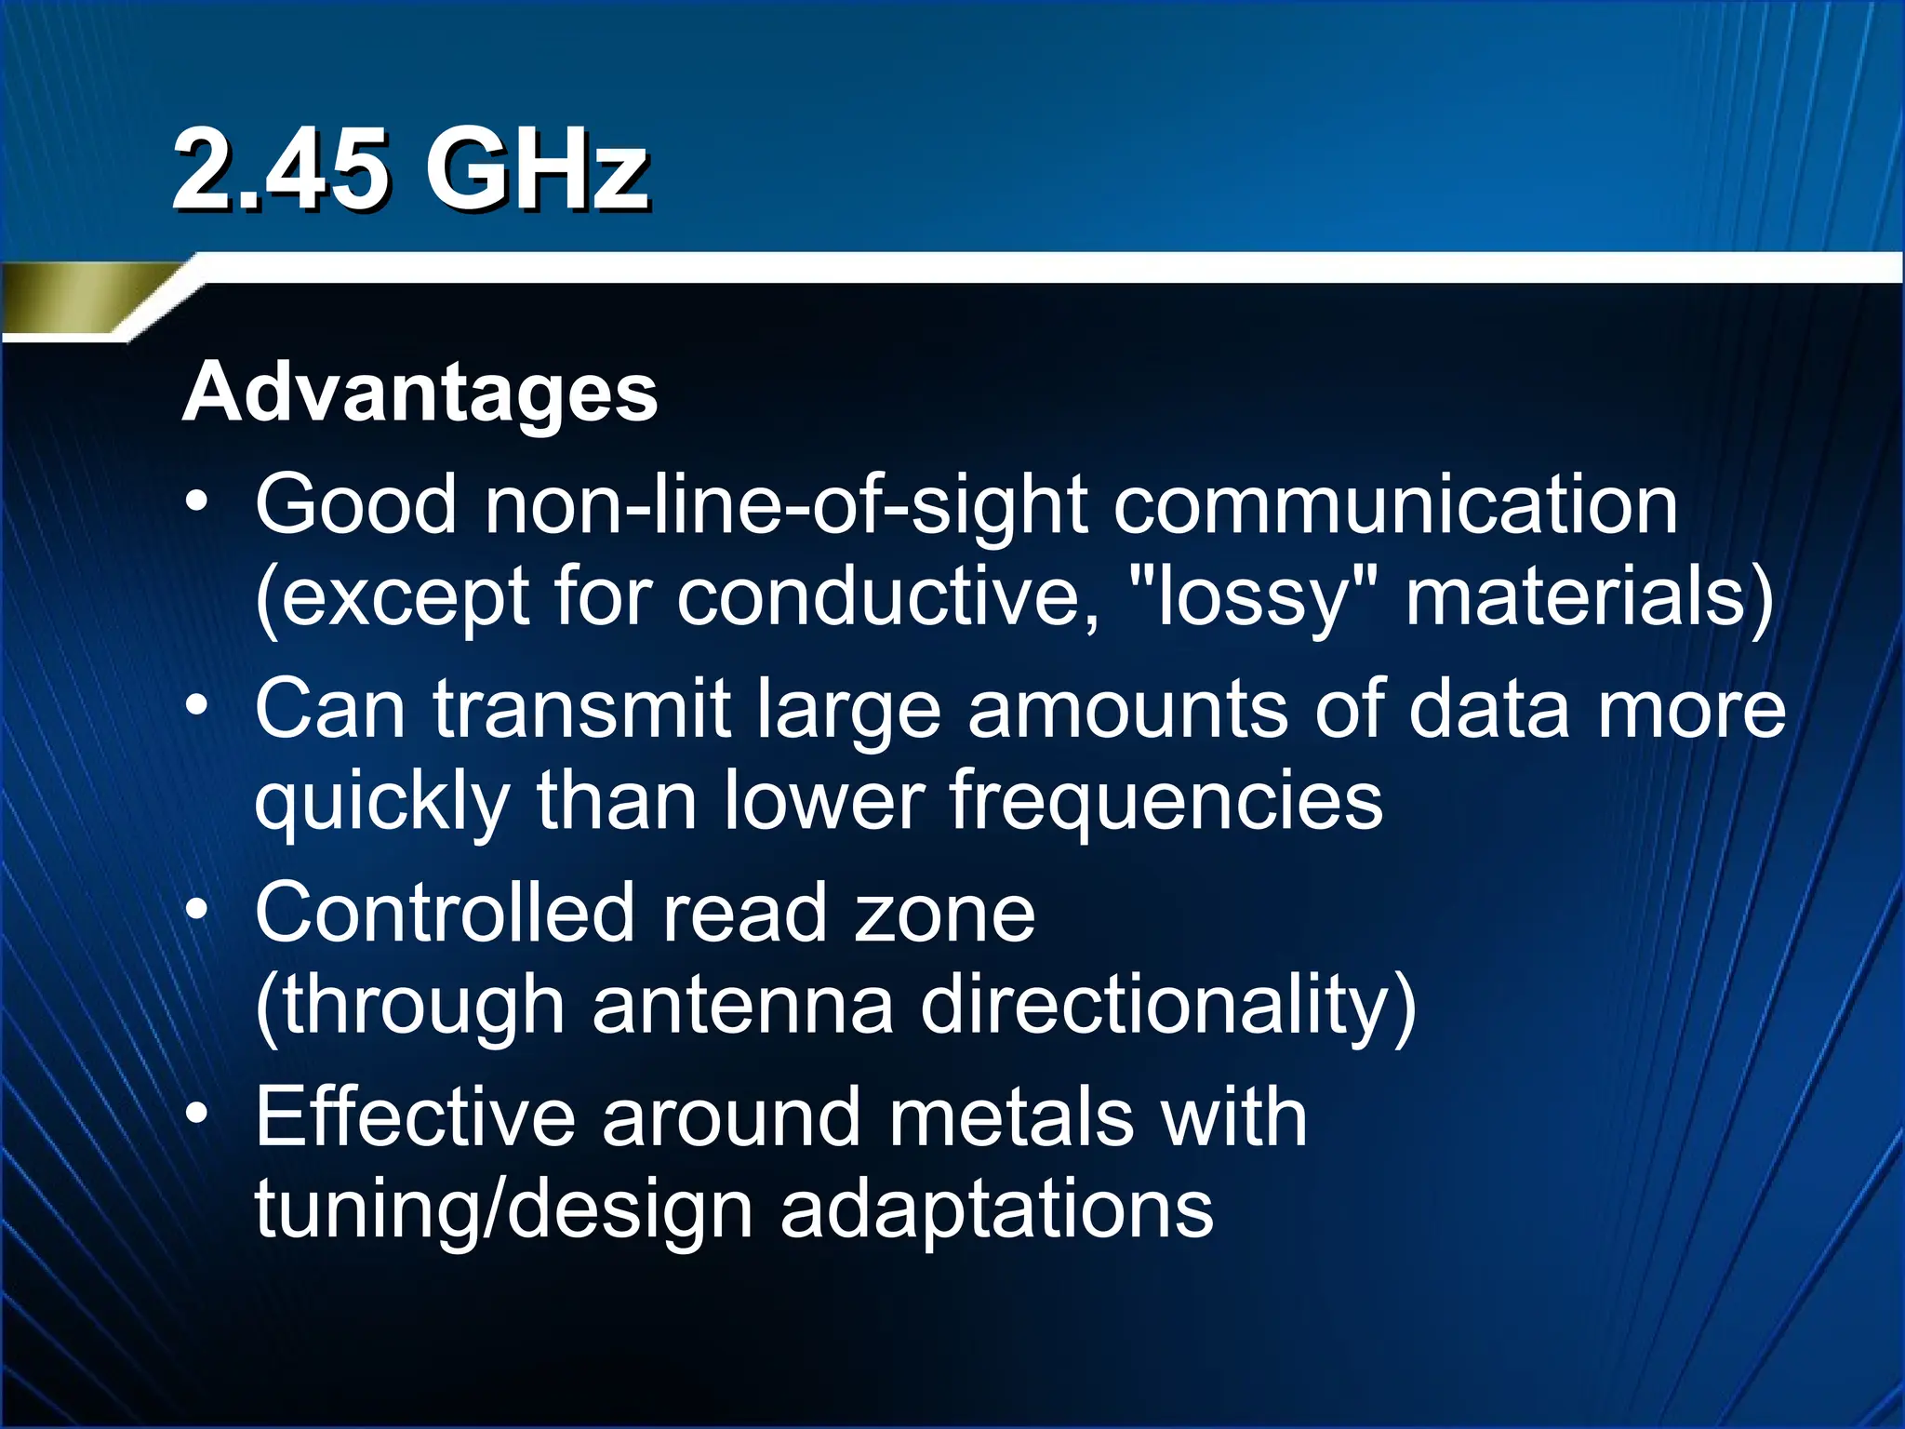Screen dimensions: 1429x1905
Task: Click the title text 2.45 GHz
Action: pos(409,171)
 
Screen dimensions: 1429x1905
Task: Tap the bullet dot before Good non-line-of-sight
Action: pos(196,502)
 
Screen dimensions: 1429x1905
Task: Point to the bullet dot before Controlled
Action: pos(196,911)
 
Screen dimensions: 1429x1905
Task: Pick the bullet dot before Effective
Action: pos(196,1115)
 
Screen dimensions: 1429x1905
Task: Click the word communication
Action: pos(1395,506)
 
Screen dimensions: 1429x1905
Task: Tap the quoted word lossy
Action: pos(1251,599)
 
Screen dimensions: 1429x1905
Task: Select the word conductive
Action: pos(888,597)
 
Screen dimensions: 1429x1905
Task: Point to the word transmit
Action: pos(581,710)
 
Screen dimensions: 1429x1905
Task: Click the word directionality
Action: pos(1167,1008)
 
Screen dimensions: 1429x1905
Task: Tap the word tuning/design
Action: pos(503,1211)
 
